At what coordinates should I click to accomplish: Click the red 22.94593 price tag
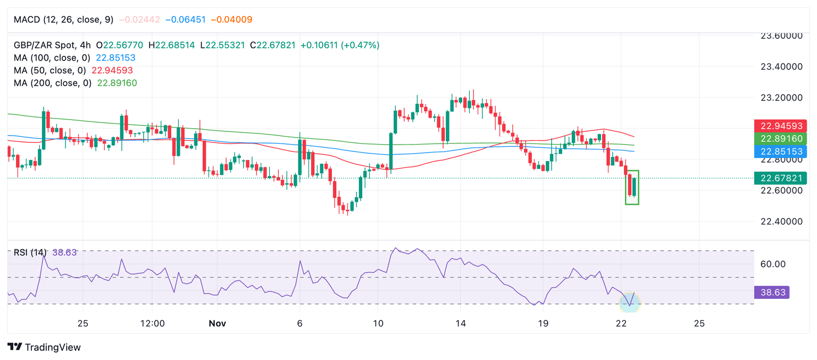coord(780,126)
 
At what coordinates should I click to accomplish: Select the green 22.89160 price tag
coord(780,139)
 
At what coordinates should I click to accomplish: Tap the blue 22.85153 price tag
coord(780,152)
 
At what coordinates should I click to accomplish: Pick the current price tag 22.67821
coord(780,178)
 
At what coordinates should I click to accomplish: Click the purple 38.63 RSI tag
coord(770,292)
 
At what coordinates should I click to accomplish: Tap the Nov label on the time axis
coord(217,323)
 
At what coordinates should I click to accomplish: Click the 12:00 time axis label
coord(152,323)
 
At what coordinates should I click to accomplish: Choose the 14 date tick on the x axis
coord(461,323)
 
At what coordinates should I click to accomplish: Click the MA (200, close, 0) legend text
coord(53,83)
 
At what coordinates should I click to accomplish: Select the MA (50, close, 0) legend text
coord(50,70)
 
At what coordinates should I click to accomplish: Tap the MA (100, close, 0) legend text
coord(52,57)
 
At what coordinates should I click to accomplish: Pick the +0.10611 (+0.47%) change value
coord(340,45)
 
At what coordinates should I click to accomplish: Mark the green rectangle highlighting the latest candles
coord(632,187)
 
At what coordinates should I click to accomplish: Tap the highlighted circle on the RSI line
coord(630,303)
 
